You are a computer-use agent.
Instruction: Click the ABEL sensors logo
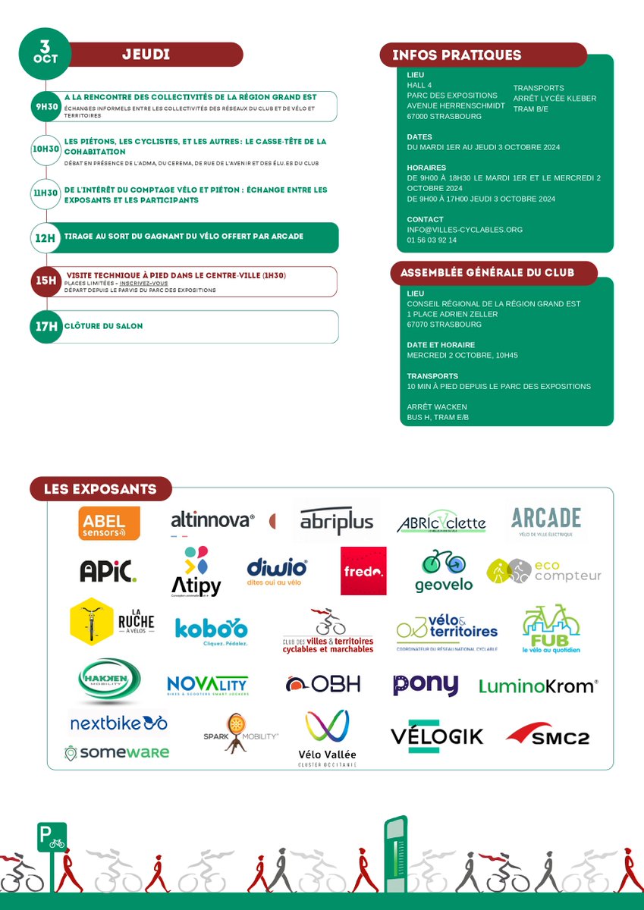click(109, 522)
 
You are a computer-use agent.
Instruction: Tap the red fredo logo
click(363, 571)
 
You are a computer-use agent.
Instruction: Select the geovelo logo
click(444, 571)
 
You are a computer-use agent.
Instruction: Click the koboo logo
click(211, 630)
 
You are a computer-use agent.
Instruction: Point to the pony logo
click(426, 685)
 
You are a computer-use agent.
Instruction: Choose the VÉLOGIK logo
click(436, 736)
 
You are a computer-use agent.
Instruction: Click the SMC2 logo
click(548, 734)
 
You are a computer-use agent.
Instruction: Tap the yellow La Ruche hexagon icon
click(91, 621)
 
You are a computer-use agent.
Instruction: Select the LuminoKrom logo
click(539, 686)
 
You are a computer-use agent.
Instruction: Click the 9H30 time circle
click(46, 107)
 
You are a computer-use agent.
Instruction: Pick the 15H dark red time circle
click(46, 281)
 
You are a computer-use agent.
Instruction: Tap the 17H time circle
click(46, 326)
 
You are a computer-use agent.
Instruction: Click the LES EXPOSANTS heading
click(101, 489)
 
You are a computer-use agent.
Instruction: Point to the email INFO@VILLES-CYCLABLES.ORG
click(464, 230)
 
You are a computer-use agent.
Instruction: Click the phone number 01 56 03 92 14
click(432, 240)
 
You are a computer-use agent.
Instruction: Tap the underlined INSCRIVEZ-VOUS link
click(143, 283)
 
